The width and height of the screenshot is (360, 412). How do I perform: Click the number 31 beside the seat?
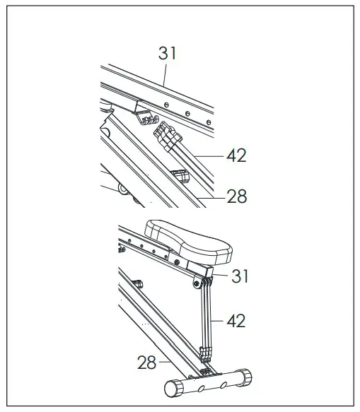click(x=241, y=276)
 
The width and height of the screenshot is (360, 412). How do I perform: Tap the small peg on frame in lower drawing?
click(x=139, y=284)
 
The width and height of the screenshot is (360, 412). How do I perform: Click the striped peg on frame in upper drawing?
click(x=178, y=174)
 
